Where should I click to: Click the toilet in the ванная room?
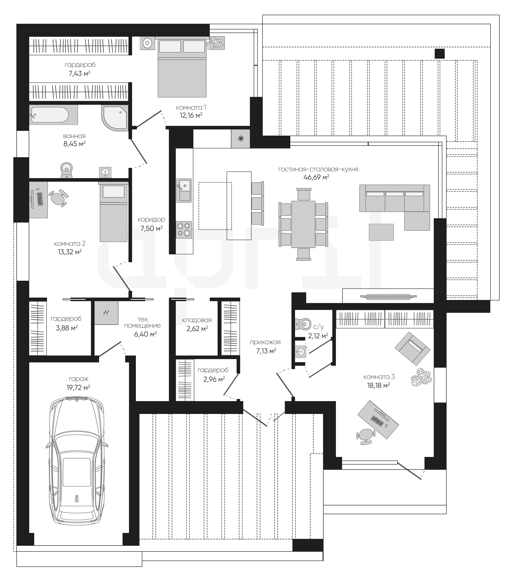point(67,170)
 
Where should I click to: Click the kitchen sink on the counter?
point(184,190)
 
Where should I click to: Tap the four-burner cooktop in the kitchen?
point(184,229)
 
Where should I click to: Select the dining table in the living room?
point(303,224)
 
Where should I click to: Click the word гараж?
point(79,379)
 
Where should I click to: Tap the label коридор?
point(151,219)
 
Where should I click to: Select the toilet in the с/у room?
point(303,324)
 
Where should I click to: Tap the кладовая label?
point(197,320)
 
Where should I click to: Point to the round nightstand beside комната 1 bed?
point(147,43)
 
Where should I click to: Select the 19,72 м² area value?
point(78,388)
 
